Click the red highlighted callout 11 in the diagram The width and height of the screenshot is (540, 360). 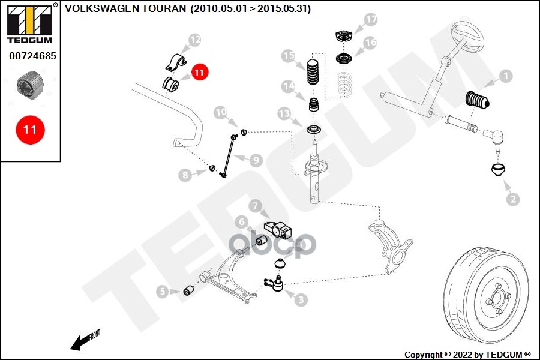pyautogui.click(x=199, y=72)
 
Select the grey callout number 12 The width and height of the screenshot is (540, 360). pyautogui.click(x=194, y=41)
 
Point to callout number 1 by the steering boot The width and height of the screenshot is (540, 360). pyautogui.click(x=505, y=76)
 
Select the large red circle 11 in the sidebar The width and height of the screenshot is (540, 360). pyautogui.click(x=30, y=130)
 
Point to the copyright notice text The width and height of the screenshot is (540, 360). pyautogui.click(x=467, y=354)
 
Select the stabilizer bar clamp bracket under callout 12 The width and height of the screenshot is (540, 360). pyautogui.click(x=175, y=62)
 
